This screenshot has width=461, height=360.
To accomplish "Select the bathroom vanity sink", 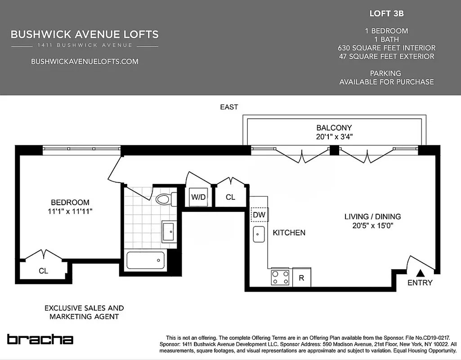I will pos(169,231).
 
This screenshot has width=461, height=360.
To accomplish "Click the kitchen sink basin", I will pos(259,234).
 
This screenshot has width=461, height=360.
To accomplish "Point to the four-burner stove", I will pos(280,277).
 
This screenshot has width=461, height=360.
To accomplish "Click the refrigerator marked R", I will pos(301,278).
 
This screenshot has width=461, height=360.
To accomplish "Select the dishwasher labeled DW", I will pos(259,215).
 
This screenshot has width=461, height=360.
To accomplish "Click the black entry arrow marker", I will pos(420,273).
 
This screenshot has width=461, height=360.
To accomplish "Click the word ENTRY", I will pos(420,283).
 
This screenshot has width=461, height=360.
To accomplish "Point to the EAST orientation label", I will pos(229,107).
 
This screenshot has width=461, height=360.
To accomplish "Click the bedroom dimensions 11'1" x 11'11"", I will pos(70,211).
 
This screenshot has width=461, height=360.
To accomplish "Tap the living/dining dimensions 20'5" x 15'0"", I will pos(372,226).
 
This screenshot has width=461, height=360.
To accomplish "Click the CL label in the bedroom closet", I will pos(43,271).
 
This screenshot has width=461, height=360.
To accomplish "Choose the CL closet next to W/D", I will pos(230,197).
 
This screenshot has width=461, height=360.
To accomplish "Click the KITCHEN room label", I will pos(289,233).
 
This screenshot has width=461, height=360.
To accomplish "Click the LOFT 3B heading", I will pos(386,13).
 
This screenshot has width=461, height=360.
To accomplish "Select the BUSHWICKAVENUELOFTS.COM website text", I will pos(85,62).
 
